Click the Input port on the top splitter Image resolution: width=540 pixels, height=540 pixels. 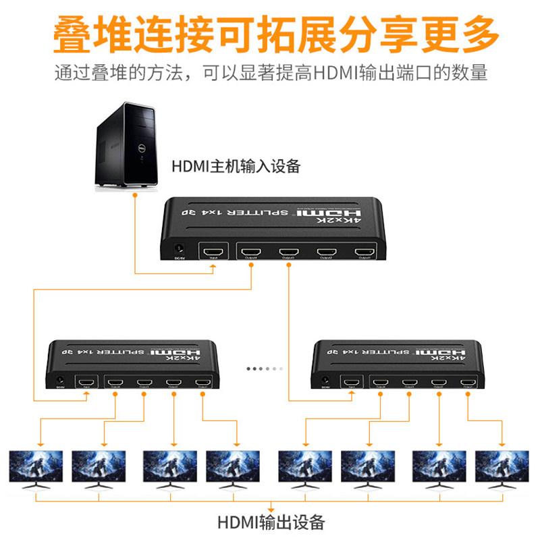click(x=214, y=252)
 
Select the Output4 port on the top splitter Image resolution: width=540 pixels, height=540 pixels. click(x=252, y=252)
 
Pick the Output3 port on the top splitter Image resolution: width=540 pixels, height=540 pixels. click(x=290, y=252)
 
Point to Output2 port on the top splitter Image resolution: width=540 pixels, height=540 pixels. click(x=327, y=252)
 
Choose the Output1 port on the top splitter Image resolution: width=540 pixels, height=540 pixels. click(x=364, y=252)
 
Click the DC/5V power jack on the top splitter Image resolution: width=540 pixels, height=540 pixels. click(x=180, y=250)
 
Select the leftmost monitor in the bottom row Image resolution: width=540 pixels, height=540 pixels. click(x=36, y=468)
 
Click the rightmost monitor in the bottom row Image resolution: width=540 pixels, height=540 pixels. click(x=502, y=468)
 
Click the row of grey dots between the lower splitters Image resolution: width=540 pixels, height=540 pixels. click(x=263, y=369)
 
